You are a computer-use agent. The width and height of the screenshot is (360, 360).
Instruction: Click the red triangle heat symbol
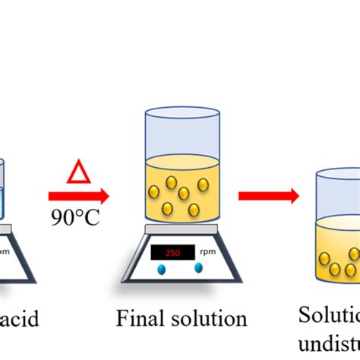78,172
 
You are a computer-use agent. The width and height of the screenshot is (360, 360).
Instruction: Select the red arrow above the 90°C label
78,196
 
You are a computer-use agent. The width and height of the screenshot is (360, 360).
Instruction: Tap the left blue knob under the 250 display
162,269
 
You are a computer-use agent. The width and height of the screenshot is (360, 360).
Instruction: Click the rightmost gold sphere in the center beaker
204,184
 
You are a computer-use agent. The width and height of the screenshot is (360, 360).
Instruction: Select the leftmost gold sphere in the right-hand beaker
324,258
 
